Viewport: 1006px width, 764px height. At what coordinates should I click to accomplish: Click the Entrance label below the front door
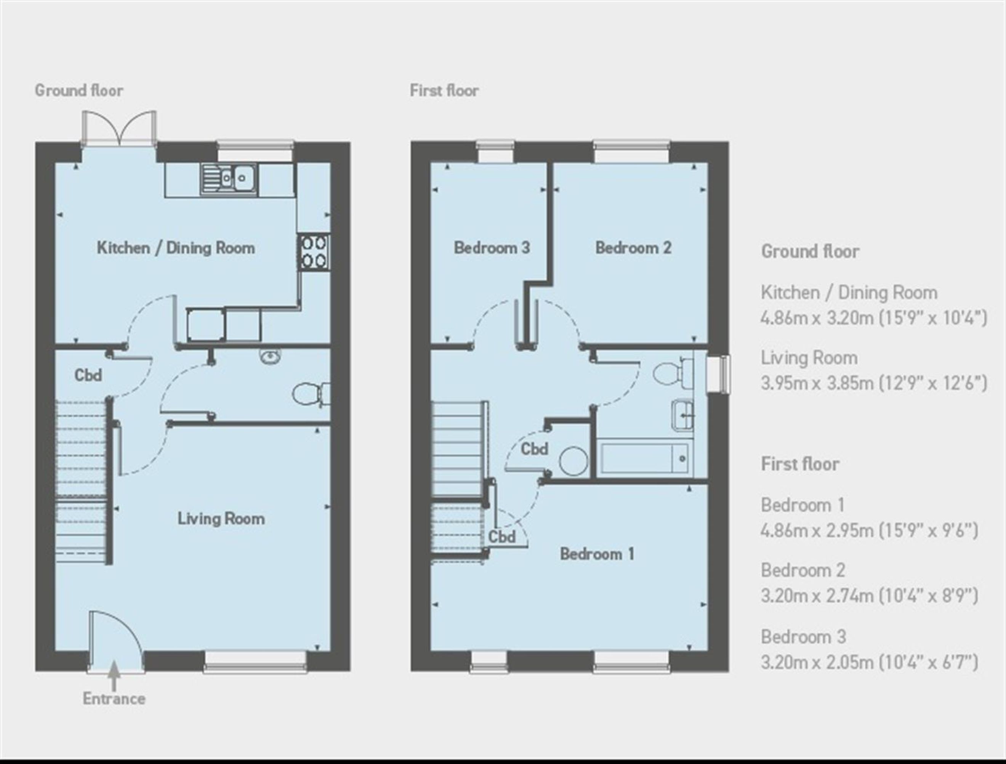click(x=114, y=698)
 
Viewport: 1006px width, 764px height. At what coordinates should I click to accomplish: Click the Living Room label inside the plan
click(x=221, y=519)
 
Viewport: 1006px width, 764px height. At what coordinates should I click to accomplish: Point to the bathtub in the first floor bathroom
click(x=645, y=458)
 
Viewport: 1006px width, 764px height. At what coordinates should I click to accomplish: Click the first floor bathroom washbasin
click(x=682, y=414)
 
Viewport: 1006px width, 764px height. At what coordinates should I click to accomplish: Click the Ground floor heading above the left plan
click(x=79, y=90)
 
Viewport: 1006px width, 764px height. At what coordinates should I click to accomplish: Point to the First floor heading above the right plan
click(x=444, y=90)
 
